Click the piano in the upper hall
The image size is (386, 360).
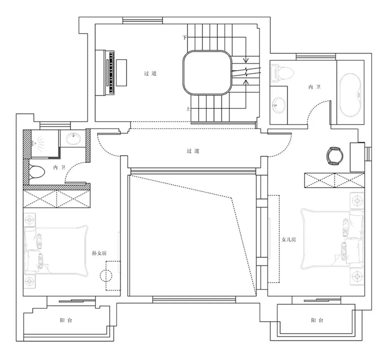coord(105,72)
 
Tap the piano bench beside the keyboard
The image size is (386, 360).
coord(122,73)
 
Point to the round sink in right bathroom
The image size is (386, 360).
coord(279,104)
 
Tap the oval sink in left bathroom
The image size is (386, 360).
coord(73,138)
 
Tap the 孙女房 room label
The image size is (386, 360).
coord(99,253)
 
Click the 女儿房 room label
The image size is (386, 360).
coord(288,239)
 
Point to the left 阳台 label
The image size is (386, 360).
coord(66,320)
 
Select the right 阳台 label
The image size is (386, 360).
coord(317,320)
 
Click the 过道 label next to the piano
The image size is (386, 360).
coord(150,73)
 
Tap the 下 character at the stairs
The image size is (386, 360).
coord(185,38)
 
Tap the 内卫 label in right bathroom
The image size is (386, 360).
coord(315,87)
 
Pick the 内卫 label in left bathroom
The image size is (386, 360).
coord(59,167)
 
